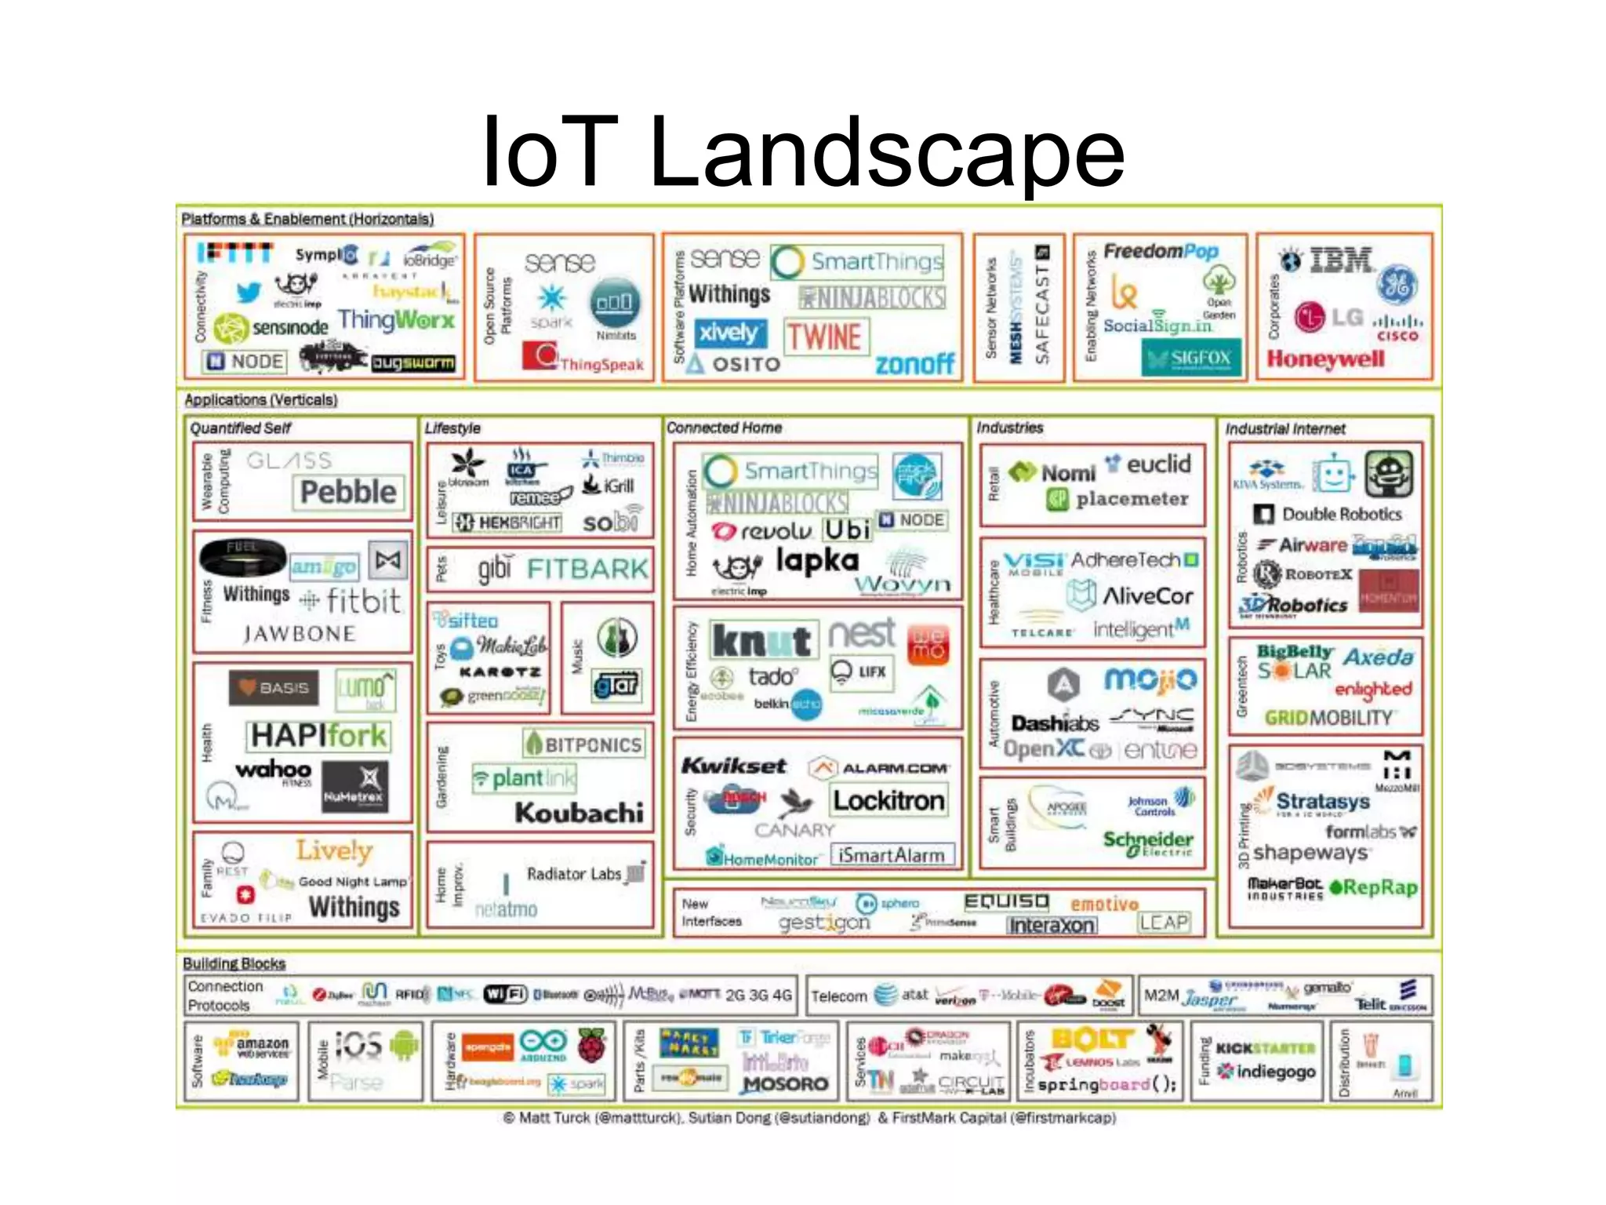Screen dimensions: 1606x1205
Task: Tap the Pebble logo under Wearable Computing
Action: click(349, 492)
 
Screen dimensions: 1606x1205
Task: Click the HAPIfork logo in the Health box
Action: click(318, 736)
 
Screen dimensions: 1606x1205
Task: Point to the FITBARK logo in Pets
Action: click(587, 569)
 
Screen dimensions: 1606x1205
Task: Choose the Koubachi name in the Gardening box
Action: click(579, 813)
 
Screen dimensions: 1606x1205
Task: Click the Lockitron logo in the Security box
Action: click(888, 800)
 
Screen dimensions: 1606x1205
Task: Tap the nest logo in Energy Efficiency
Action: click(862, 634)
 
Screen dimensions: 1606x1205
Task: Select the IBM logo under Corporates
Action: click(1341, 260)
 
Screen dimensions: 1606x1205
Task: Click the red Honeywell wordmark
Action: click(1325, 359)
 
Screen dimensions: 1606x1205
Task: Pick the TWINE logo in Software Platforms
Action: click(824, 337)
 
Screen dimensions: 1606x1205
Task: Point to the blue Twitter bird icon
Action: click(249, 293)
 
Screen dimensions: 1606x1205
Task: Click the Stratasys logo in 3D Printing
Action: click(1322, 801)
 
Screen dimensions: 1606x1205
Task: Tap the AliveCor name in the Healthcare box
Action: click(1147, 596)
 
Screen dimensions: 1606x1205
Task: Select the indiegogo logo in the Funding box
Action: click(1274, 1072)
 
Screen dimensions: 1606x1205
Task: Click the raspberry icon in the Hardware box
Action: click(592, 1045)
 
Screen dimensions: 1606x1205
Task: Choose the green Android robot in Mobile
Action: click(404, 1045)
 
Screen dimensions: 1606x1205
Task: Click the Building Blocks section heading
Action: click(234, 963)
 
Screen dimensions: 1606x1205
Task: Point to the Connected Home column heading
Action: click(724, 428)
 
